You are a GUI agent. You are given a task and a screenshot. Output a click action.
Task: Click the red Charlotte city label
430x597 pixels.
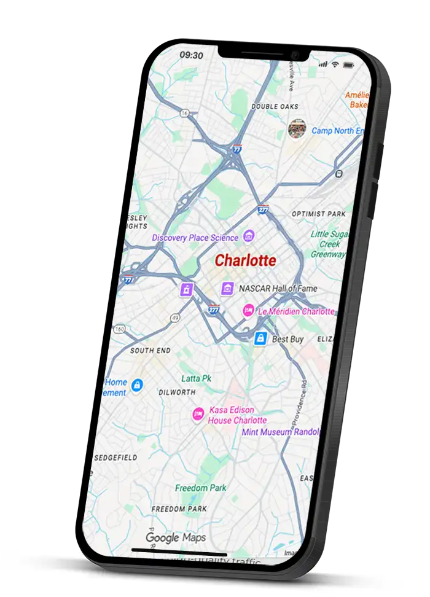pyautogui.click(x=245, y=260)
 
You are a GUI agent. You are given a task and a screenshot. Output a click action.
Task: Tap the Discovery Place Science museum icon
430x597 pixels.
pyautogui.click(x=249, y=236)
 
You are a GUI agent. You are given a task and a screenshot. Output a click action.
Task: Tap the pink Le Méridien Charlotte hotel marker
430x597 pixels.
pyautogui.click(x=249, y=311)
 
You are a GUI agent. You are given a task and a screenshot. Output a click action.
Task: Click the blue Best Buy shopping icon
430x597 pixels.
pyautogui.click(x=260, y=338)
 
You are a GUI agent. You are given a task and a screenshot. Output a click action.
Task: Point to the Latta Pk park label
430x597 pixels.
pyautogui.click(x=196, y=379)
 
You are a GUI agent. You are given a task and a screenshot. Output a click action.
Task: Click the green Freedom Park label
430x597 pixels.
pyautogui.click(x=200, y=488)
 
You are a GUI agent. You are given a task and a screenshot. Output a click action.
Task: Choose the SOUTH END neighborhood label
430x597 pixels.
pyautogui.click(x=150, y=351)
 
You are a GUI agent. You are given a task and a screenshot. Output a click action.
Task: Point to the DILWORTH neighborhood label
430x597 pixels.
pyautogui.click(x=177, y=392)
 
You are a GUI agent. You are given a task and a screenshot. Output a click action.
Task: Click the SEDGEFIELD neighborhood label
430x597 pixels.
pyautogui.click(x=116, y=458)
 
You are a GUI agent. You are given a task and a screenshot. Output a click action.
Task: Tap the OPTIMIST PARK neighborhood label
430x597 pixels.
pyautogui.click(x=318, y=214)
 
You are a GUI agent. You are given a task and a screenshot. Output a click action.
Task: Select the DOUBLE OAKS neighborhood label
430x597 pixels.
pyautogui.click(x=275, y=106)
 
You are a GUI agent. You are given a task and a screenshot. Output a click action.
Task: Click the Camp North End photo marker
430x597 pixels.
pyautogui.click(x=298, y=129)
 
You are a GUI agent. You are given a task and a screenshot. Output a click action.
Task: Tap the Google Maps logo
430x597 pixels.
pyautogui.click(x=176, y=538)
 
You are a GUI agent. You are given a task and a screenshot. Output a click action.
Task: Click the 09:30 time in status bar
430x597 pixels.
pyautogui.click(x=191, y=55)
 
